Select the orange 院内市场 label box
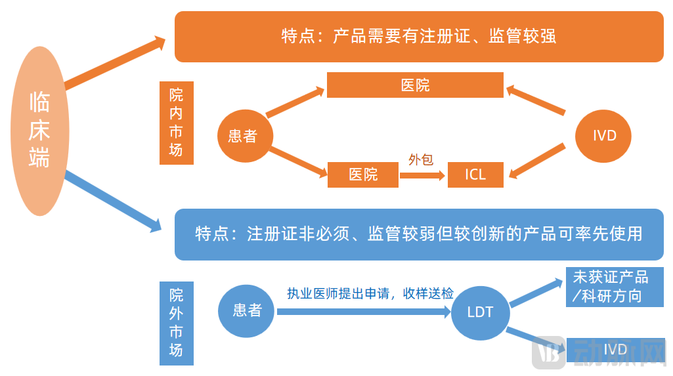pyautogui.click(x=176, y=123)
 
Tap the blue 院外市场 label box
pyautogui.click(x=176, y=323)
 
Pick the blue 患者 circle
pyautogui.click(x=247, y=310)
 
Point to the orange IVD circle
pyautogui.click(x=603, y=136)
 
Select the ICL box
pyautogui.click(x=475, y=175)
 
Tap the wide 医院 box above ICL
pyautogui.click(x=415, y=85)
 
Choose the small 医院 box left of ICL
pyautogui.click(x=363, y=175)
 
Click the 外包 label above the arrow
pyautogui.click(x=421, y=159)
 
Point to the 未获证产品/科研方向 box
pyautogui.click(x=615, y=287)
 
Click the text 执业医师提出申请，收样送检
pyautogui.click(x=370, y=293)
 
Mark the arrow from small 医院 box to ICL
pyautogui.click(x=422, y=175)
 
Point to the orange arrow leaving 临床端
pyautogui.click(x=115, y=64)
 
